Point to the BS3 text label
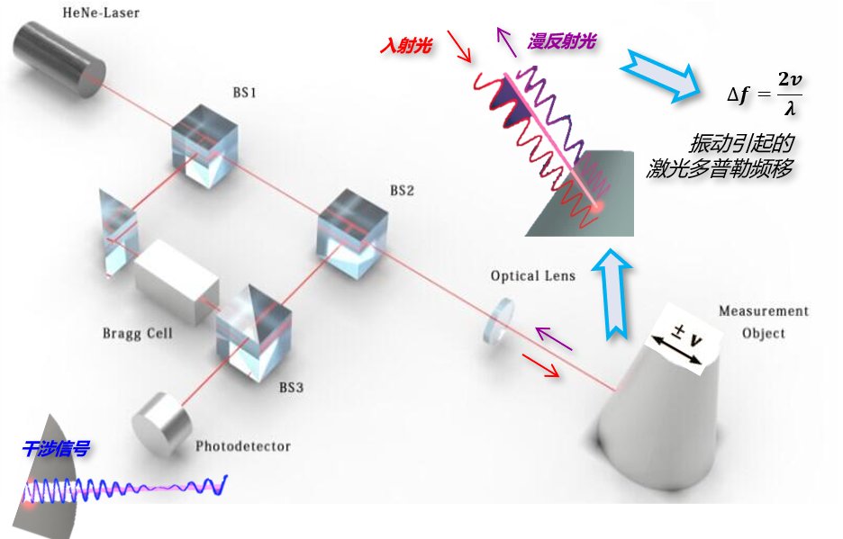292,388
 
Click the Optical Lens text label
533,275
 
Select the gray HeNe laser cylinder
61,53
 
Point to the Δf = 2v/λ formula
765,92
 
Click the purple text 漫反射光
561,40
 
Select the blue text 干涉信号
57,449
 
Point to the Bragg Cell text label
137,334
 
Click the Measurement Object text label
763,322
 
